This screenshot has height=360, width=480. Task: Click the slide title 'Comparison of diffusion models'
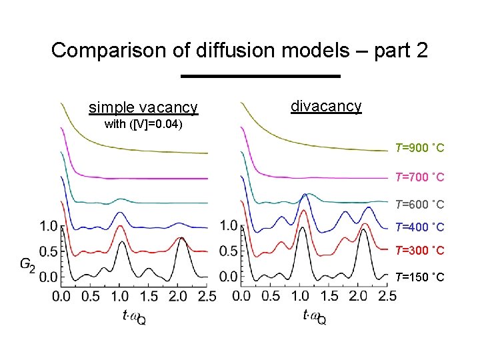pyautogui.click(x=239, y=51)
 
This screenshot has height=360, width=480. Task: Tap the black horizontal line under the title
pyautogui.click(x=261, y=76)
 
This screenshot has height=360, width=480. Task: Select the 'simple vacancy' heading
pyautogui.click(x=143, y=107)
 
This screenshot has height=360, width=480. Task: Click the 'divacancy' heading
pyautogui.click(x=326, y=106)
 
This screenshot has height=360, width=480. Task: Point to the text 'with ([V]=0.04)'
pyautogui.click(x=143, y=125)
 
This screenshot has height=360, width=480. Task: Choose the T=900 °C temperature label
pyautogui.click(x=419, y=147)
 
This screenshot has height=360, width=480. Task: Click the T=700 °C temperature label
pyautogui.click(x=419, y=177)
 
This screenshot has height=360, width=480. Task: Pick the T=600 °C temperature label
pyautogui.click(x=419, y=204)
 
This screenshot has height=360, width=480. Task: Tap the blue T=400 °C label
pyautogui.click(x=419, y=227)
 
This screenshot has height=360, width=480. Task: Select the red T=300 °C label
pyautogui.click(x=419, y=251)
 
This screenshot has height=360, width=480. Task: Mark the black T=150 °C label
pyautogui.click(x=419, y=277)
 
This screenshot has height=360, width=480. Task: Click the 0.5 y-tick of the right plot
pyautogui.click(x=229, y=251)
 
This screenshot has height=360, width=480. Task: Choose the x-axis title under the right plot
pyautogui.click(x=314, y=317)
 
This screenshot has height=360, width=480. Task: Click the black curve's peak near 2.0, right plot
pyautogui.click(x=363, y=231)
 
